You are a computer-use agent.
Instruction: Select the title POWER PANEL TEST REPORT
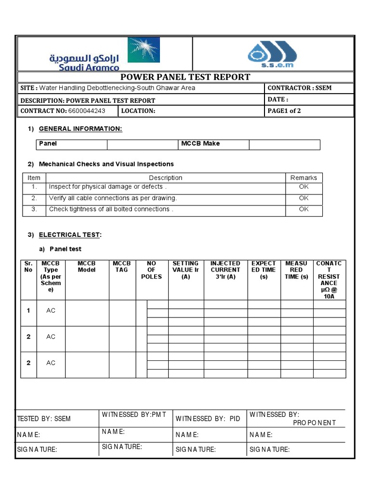pos(185,77)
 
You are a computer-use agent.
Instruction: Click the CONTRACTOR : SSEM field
pos(299,88)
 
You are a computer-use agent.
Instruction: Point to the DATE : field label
pos(277,99)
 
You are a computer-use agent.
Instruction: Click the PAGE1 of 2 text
pos(284,111)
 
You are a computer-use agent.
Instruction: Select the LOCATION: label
pos(138,111)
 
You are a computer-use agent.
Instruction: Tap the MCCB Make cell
pos(200,144)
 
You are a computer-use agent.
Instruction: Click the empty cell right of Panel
pos(142,144)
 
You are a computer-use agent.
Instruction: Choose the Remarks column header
pos(304,178)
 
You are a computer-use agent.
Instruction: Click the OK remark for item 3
pos(304,209)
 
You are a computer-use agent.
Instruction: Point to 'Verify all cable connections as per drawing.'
pos(113,198)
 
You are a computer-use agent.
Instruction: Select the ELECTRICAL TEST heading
pos(69,235)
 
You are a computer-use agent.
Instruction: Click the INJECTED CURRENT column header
pos(225,270)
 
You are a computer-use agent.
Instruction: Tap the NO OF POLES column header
pos(151,270)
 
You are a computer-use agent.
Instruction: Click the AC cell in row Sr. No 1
pos(51,311)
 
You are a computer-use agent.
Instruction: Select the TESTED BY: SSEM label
pos(44,419)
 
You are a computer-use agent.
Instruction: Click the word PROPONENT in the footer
pos(314,423)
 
